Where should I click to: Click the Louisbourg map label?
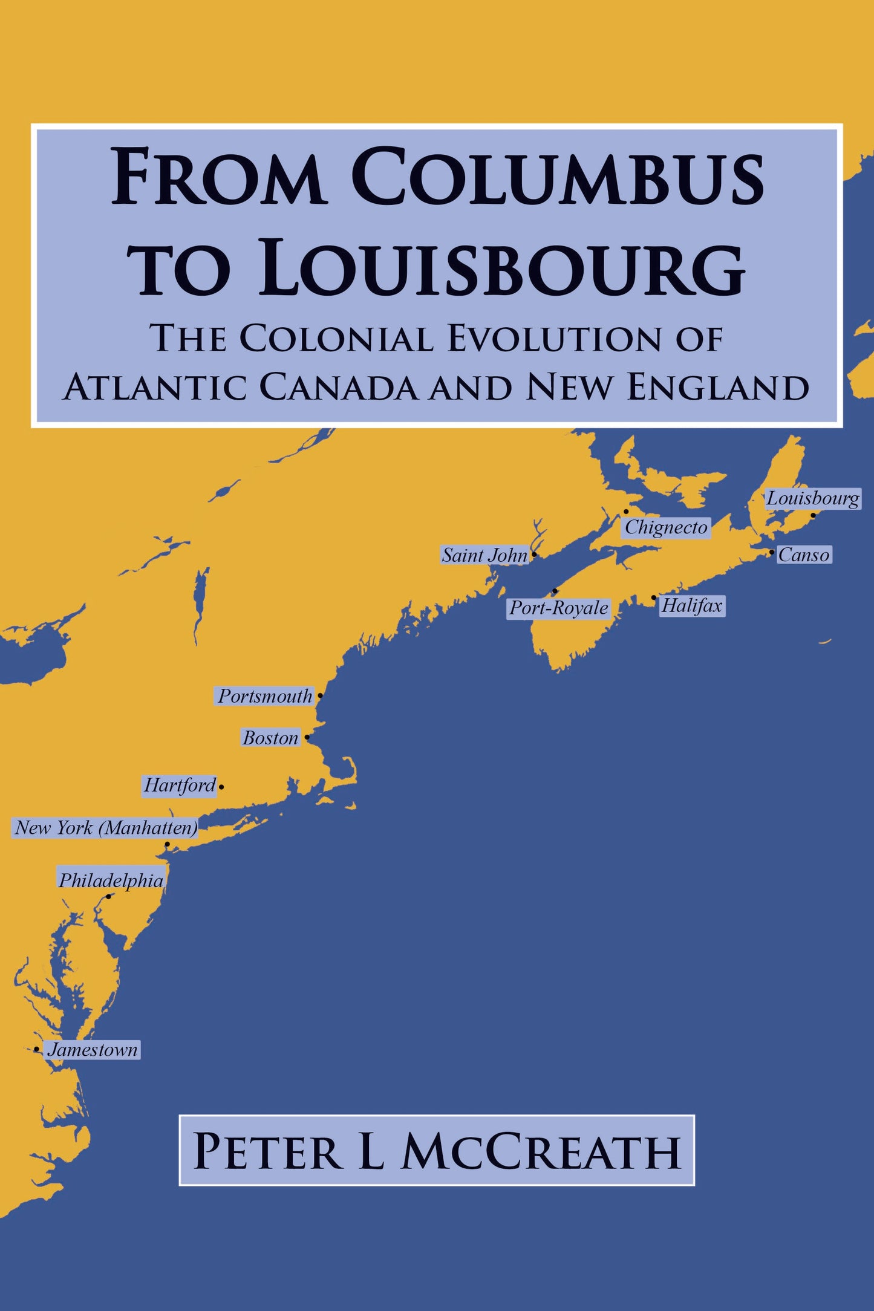pos(812,499)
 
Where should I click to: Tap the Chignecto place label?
pos(665,527)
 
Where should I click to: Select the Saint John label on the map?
pos(484,555)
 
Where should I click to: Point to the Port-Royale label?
pos(558,608)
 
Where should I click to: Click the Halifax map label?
pos(692,605)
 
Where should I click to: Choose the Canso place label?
pos(804,555)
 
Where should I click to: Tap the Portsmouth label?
pos(265,696)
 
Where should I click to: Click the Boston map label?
pos(270,738)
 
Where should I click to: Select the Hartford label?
pos(180,786)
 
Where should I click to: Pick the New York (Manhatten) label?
pos(106,827)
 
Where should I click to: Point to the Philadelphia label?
pos(111,880)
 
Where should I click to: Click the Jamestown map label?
pos(93,1050)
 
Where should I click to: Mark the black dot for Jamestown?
pos(37,1049)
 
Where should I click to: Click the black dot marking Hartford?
pos(221,787)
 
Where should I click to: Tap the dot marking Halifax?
pos(654,597)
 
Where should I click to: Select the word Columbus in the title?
pos(558,178)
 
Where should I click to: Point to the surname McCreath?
pos(541,1151)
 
